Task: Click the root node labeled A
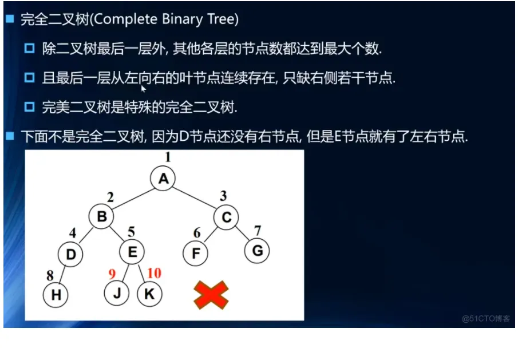point(163,179)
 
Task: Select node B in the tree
point(101,216)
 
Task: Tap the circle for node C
point(226,217)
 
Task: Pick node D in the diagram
point(70,254)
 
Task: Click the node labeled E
point(132,252)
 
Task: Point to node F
point(195,253)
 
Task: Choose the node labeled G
point(257,251)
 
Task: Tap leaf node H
point(56,295)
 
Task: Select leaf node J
point(117,293)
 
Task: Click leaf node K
point(149,294)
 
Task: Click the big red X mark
point(211,295)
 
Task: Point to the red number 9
point(112,274)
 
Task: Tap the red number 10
point(155,273)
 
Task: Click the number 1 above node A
point(168,157)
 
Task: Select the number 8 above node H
point(50,275)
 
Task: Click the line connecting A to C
point(195,198)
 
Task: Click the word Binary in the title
point(182,19)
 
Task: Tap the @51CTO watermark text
point(486,318)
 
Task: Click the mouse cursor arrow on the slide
point(143,89)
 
